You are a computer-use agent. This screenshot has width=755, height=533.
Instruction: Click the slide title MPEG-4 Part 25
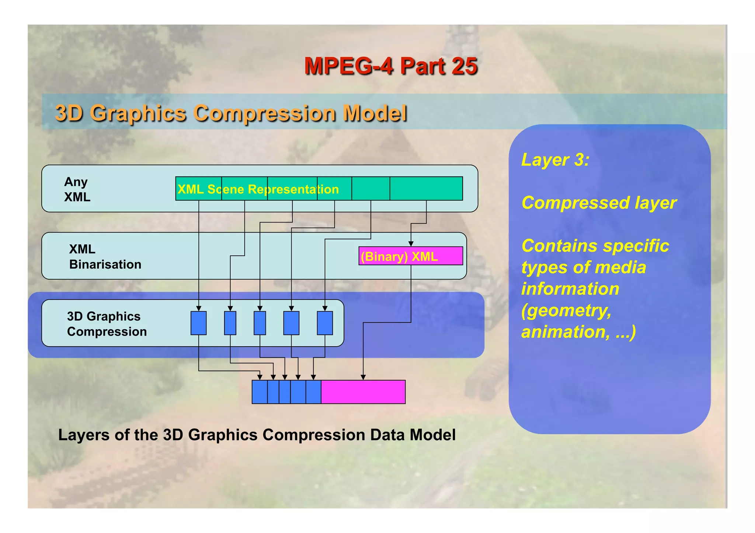390,66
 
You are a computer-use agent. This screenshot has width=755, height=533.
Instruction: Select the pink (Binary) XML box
410,256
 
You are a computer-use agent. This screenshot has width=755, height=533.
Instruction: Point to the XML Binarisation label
105,257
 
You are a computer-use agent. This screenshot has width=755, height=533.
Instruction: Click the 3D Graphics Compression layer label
107,324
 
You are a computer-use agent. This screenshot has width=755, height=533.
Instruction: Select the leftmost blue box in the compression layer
198,323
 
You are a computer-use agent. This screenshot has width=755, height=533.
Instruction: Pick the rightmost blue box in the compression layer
324,323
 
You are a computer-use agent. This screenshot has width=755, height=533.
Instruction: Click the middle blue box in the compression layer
260,323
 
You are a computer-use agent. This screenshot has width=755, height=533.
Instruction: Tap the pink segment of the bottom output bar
363,392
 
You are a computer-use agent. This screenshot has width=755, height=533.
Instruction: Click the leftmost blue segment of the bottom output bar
260,392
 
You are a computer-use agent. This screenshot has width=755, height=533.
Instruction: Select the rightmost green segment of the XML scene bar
426,189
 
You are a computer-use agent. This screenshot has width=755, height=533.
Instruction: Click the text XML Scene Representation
258,189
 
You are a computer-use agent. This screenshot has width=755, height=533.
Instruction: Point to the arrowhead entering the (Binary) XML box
411,244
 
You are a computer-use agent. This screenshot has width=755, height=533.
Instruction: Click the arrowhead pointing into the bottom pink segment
363,377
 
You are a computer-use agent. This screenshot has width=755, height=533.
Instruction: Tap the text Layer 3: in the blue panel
555,160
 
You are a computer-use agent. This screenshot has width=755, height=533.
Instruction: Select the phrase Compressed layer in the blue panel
599,203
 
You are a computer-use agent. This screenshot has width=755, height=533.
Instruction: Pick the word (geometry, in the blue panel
566,310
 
